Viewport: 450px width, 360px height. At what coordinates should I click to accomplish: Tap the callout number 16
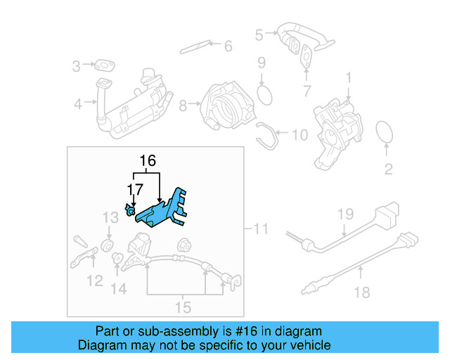point(147,161)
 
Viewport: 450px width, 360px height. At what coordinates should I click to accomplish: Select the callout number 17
point(134,188)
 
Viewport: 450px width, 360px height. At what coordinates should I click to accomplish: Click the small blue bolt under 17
point(131,211)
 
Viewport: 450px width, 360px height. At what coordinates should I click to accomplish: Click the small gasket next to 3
point(106,67)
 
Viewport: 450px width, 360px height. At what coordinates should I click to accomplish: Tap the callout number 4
point(78,105)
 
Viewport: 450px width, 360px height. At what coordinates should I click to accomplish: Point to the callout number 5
point(258,33)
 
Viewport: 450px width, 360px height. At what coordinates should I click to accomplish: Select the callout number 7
point(306,90)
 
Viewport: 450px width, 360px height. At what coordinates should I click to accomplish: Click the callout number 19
point(344,214)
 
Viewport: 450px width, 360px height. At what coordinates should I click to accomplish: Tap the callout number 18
point(361,292)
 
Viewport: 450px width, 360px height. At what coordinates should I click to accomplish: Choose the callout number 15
point(183,307)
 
